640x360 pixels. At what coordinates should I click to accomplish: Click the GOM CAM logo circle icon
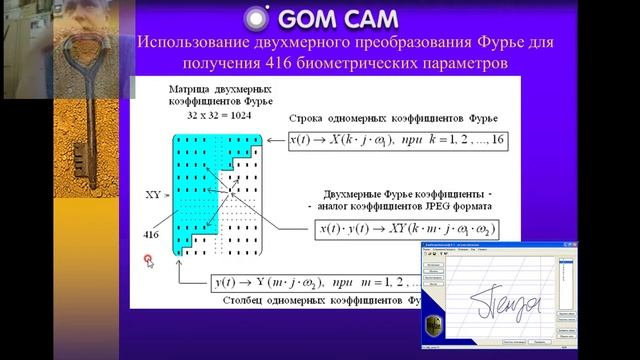point(256,19)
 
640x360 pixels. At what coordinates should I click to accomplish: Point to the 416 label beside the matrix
point(152,230)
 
